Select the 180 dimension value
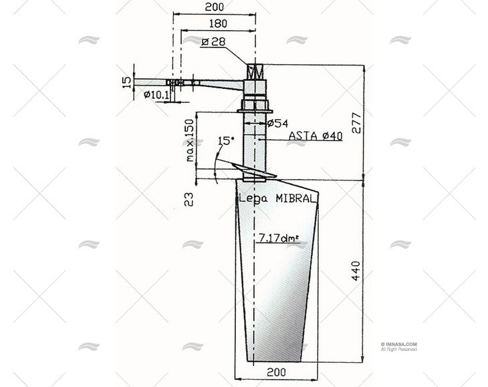coord(215,23)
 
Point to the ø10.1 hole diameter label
coord(156,95)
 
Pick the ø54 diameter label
coord(277,123)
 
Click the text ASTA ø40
coord(316,136)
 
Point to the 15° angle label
coord(227,141)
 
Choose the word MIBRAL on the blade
coord(298,198)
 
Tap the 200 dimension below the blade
coord(277,370)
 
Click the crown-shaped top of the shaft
coord(256,70)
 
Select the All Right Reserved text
coord(398,349)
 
